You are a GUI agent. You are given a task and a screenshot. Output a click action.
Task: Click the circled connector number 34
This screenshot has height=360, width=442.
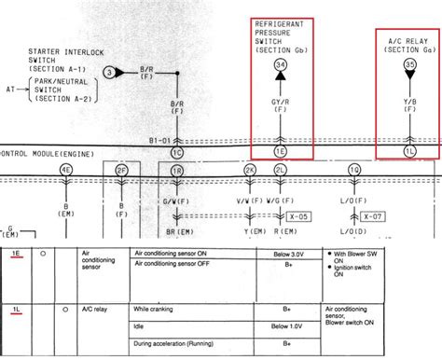tap(281, 64)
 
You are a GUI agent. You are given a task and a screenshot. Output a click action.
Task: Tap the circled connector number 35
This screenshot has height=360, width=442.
tap(407, 64)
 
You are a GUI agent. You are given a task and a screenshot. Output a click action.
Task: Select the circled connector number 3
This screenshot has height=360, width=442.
tap(111, 72)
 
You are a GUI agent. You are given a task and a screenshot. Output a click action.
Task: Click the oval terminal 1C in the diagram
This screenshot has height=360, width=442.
tap(177, 151)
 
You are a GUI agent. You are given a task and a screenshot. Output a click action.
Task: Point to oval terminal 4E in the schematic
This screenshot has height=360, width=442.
tap(65, 169)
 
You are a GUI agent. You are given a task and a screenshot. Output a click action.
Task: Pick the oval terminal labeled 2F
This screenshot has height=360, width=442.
tap(121, 169)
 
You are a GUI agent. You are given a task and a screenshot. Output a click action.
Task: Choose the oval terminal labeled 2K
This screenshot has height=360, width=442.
tap(250, 169)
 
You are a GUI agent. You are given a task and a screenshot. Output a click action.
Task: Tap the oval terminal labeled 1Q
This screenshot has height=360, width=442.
tap(353, 169)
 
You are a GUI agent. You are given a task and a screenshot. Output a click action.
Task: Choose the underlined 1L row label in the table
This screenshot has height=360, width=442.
tap(18, 307)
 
